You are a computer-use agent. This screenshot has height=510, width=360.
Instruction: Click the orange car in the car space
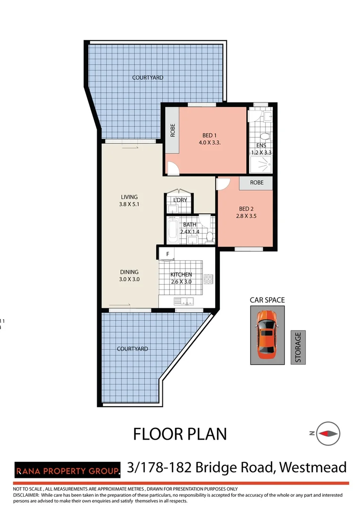tap(267, 334)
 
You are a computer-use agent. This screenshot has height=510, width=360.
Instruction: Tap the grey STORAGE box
tap(298, 347)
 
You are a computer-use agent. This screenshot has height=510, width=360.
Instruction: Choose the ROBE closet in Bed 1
tap(172, 130)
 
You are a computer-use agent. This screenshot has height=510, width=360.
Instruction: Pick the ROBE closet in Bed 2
tap(256, 182)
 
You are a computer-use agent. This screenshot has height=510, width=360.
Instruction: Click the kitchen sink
tap(184, 301)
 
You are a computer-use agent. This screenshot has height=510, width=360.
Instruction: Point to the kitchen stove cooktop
tap(209, 279)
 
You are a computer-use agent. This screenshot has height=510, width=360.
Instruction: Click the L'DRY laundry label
tap(180, 200)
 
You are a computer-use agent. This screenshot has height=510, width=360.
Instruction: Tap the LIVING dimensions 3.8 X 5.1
tap(129, 204)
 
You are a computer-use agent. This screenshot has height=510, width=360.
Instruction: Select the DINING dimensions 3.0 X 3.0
tap(129, 279)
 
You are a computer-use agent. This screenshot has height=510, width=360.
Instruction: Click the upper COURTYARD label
tap(148, 77)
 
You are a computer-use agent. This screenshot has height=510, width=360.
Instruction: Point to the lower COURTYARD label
tap(133, 348)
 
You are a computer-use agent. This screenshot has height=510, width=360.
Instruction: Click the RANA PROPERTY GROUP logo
tap(67, 470)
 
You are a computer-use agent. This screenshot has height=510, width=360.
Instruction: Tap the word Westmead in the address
tap(312, 467)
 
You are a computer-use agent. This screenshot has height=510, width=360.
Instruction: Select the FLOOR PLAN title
tap(180, 433)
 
